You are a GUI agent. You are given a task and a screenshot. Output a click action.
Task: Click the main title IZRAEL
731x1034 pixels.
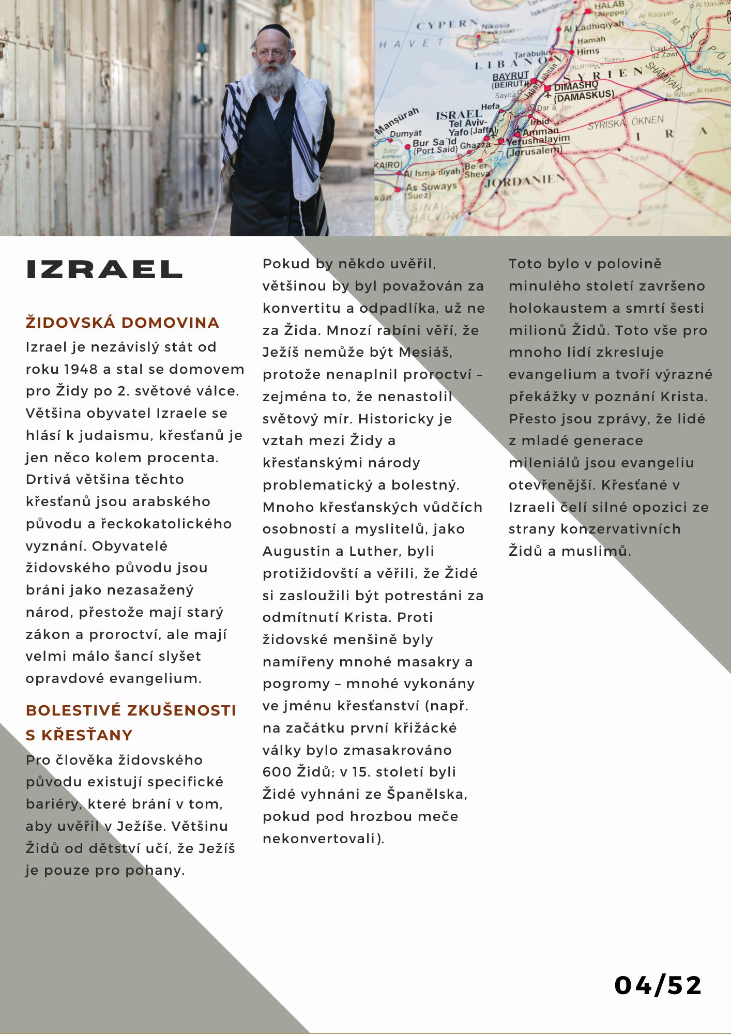[104, 270]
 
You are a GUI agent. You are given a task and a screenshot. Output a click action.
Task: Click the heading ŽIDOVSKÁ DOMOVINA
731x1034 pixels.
[123, 323]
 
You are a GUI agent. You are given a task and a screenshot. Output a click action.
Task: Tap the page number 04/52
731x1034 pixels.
[658, 985]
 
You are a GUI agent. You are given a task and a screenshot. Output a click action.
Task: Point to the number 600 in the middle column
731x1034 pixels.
[277, 772]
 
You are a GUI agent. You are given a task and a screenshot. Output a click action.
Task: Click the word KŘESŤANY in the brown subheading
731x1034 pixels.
[87, 735]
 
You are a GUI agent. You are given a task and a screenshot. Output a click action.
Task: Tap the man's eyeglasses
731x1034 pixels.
[270, 53]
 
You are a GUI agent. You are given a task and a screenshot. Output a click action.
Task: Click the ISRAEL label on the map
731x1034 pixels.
[459, 115]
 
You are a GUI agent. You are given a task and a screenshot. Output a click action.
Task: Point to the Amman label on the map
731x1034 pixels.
[541, 131]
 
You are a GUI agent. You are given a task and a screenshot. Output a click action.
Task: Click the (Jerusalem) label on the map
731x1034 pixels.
[534, 151]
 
